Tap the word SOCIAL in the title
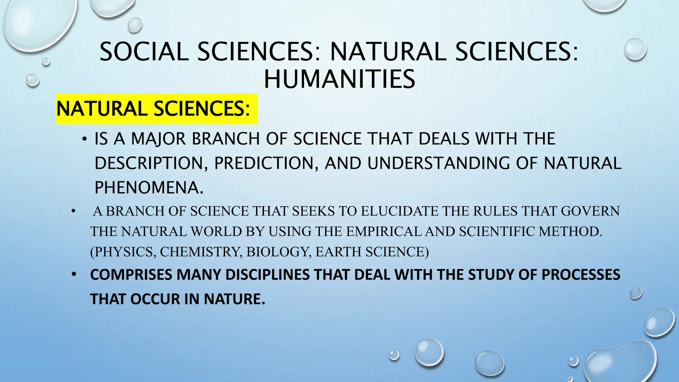[144, 52]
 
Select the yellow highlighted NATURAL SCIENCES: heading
[153, 109]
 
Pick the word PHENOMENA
[149, 188]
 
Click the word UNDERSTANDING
[439, 163]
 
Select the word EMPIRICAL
[383, 231]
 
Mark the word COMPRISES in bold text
[131, 275]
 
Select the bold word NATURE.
[234, 299]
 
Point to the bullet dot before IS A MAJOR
[85, 139]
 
